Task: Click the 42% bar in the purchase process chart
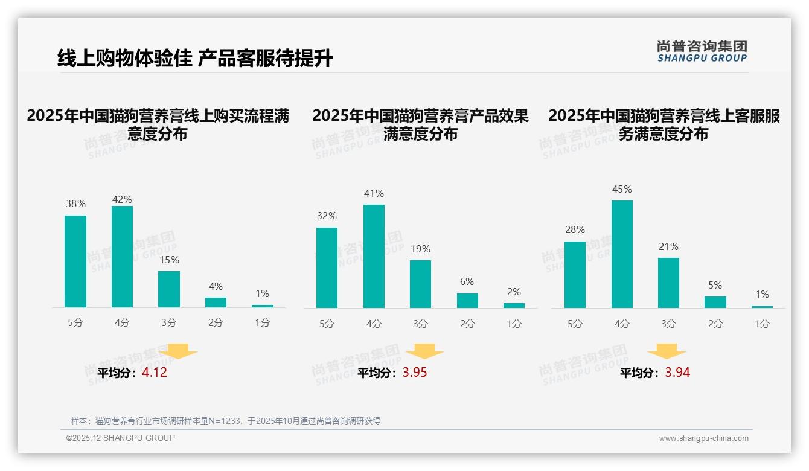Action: point(122,257)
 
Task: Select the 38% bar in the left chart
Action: point(75,261)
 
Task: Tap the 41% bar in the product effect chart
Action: point(374,256)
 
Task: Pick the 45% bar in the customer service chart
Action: point(622,254)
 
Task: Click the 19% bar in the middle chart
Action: point(420,284)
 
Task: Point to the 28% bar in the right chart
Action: point(575,275)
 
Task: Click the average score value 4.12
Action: point(155,373)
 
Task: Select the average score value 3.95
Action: point(415,373)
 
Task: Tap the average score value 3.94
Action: point(677,373)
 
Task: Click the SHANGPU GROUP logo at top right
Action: point(702,51)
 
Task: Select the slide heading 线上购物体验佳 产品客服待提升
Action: point(195,58)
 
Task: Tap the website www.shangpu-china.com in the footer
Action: point(703,438)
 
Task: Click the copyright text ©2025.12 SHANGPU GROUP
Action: point(121,438)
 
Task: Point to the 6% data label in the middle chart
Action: point(467,282)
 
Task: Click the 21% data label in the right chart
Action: point(668,247)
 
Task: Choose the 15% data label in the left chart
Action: point(169,260)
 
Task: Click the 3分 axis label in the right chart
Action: point(668,324)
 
